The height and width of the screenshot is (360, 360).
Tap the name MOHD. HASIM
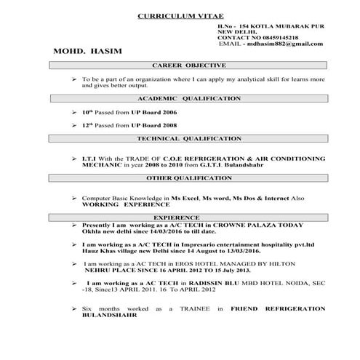tap(84, 52)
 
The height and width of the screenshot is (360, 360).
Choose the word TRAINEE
tap(197, 309)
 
